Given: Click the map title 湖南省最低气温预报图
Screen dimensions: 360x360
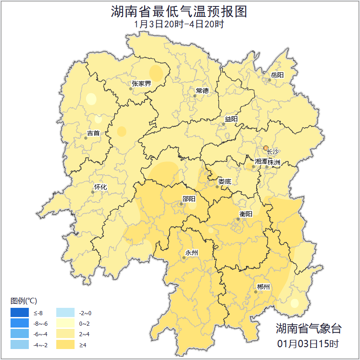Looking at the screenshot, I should coord(179,11).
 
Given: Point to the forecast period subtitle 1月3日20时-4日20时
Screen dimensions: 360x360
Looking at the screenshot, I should coord(179,24).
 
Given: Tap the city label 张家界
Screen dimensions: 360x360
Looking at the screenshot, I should coord(141,83).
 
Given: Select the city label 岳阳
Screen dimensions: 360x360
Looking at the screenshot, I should coord(277,75).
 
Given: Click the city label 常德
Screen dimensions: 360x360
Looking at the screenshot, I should coord(202,91).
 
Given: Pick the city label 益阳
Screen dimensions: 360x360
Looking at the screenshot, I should coord(231,119).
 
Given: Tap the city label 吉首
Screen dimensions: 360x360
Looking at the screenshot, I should coord(93,134).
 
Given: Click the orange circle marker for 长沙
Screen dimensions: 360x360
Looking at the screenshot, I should coord(266,148).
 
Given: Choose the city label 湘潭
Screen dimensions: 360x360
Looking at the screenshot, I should coord(261,162).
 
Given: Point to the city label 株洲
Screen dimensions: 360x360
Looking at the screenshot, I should coord(274,162).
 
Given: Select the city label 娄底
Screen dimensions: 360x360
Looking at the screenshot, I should coord(225,181).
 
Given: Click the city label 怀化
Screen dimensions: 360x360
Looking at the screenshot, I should coord(100,187).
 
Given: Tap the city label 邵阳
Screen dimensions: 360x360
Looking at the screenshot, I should coord(188,199).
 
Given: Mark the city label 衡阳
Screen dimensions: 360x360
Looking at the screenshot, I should coord(246,214).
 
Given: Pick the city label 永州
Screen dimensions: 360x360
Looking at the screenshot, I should coord(191,253).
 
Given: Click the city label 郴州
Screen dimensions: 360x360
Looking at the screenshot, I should coord(263,287).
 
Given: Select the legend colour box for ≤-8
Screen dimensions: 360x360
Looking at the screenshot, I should coord(20,313).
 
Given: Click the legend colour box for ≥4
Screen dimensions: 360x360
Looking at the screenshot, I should coord(65,344).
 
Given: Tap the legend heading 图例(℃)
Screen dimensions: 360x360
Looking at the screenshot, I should coord(24,301).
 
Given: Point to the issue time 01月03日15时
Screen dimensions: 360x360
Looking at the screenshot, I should coord(308,344).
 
